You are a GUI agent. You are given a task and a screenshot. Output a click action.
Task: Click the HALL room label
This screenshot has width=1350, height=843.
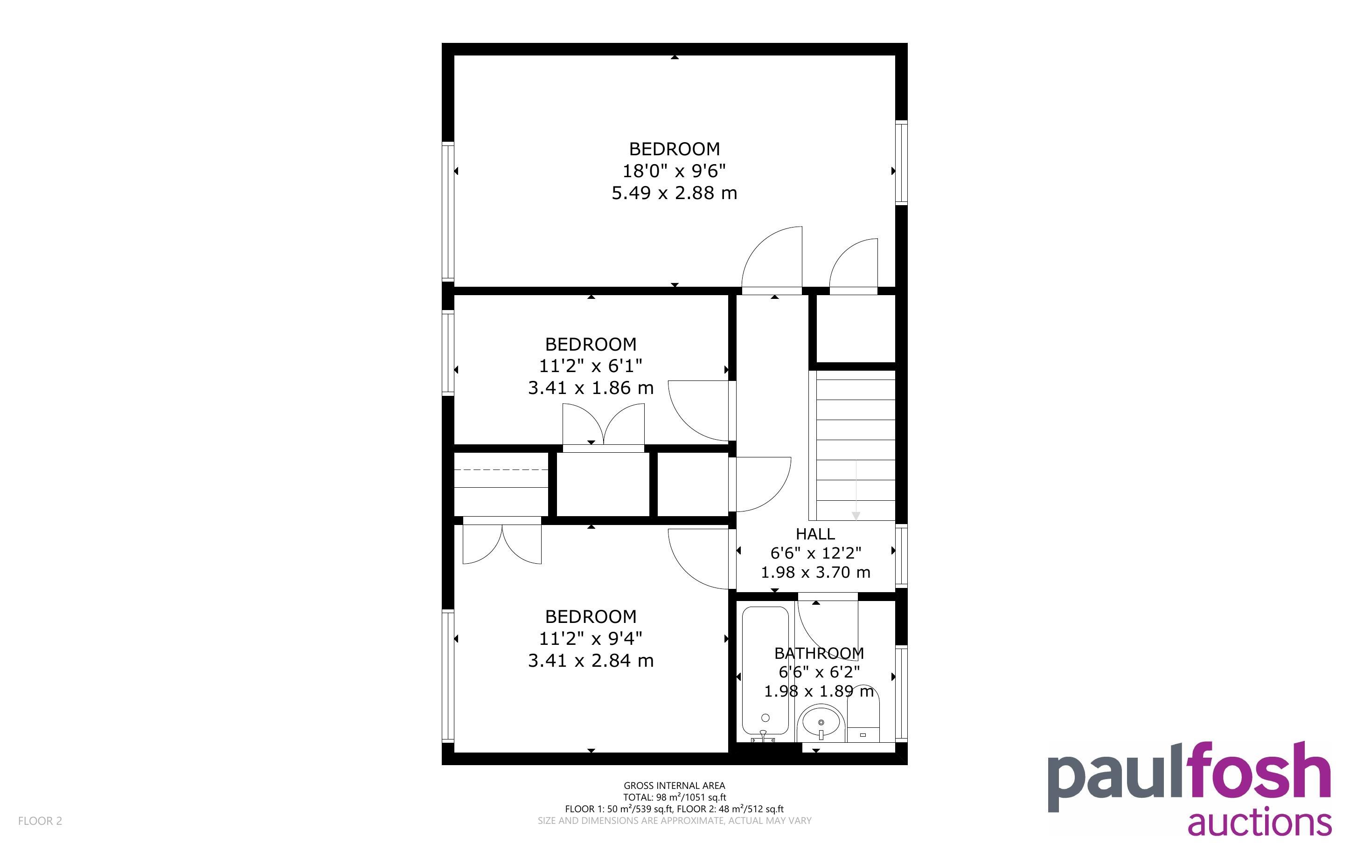pos(815,534)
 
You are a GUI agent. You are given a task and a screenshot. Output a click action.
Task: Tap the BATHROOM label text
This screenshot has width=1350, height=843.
pos(819,653)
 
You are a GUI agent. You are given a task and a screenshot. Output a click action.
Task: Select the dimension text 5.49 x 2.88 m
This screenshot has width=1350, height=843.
pos(674,193)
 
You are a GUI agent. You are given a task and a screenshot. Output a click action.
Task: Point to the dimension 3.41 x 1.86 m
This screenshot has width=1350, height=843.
pos(591,387)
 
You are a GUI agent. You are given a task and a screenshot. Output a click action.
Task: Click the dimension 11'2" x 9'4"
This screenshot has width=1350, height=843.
pos(591,638)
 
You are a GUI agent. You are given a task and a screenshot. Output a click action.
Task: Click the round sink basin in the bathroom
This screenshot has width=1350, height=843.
pos(821,723)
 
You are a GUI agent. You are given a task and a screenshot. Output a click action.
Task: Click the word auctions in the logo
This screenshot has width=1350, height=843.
pos(1260,823)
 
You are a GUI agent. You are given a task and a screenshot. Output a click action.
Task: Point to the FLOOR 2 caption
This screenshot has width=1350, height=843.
pos(40,821)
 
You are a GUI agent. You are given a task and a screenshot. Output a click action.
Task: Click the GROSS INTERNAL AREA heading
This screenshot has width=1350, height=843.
pos(674,786)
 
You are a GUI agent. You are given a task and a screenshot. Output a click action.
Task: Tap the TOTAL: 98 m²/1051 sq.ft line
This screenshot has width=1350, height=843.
pos(674,797)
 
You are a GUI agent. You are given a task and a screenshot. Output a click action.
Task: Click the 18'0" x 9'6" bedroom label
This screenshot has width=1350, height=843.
pos(674,171)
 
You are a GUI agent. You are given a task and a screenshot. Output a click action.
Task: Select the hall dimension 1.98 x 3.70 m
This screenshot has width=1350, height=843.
pos(815,572)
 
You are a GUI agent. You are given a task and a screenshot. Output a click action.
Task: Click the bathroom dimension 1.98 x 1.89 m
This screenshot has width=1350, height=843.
pos(819,691)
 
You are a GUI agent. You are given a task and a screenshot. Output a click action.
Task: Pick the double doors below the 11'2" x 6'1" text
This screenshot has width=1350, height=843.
pos(603,425)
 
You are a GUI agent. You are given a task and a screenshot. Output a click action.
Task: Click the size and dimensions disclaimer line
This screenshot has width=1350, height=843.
pos(674,821)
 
